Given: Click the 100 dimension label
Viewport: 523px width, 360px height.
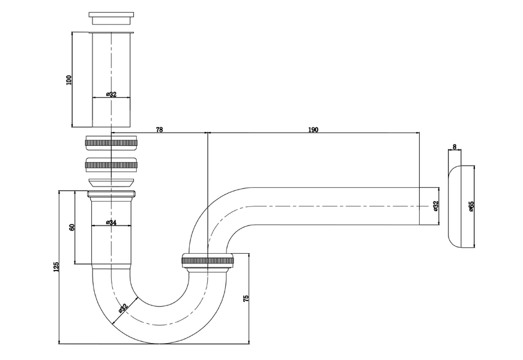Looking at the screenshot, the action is click(x=69, y=80).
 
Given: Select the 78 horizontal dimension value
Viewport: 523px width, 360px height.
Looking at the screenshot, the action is click(x=160, y=130).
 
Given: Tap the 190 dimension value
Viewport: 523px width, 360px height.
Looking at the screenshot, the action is click(x=313, y=130).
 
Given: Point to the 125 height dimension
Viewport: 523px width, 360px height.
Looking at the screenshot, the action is click(x=56, y=266).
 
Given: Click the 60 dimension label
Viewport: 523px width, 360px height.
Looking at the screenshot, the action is click(x=71, y=227).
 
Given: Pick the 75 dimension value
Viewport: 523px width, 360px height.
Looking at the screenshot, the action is click(x=246, y=298).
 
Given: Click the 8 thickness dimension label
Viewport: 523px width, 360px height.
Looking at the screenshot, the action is click(x=455, y=146).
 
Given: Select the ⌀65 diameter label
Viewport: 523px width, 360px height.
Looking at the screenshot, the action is click(x=471, y=206).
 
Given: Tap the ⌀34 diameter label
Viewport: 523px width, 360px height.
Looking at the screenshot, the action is click(x=111, y=223).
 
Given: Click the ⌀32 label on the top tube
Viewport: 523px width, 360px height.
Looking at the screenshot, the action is click(x=111, y=94).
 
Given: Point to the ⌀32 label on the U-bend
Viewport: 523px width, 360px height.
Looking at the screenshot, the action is click(x=123, y=308).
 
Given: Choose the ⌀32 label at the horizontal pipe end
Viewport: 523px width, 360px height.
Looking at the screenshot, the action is click(x=435, y=206).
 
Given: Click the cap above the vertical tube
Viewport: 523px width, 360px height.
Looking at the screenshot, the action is click(x=111, y=18).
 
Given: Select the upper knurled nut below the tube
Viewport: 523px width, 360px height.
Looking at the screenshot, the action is click(x=111, y=143).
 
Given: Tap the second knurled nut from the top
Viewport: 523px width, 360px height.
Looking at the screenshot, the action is click(x=111, y=164).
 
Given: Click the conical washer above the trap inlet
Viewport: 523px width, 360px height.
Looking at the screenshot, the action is click(x=111, y=182).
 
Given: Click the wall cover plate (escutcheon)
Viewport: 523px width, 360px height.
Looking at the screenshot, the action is click(x=461, y=206).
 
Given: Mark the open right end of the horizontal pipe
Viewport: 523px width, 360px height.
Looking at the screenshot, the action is click(x=419, y=206).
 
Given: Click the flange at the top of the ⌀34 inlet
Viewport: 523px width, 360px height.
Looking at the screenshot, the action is click(x=111, y=194).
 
